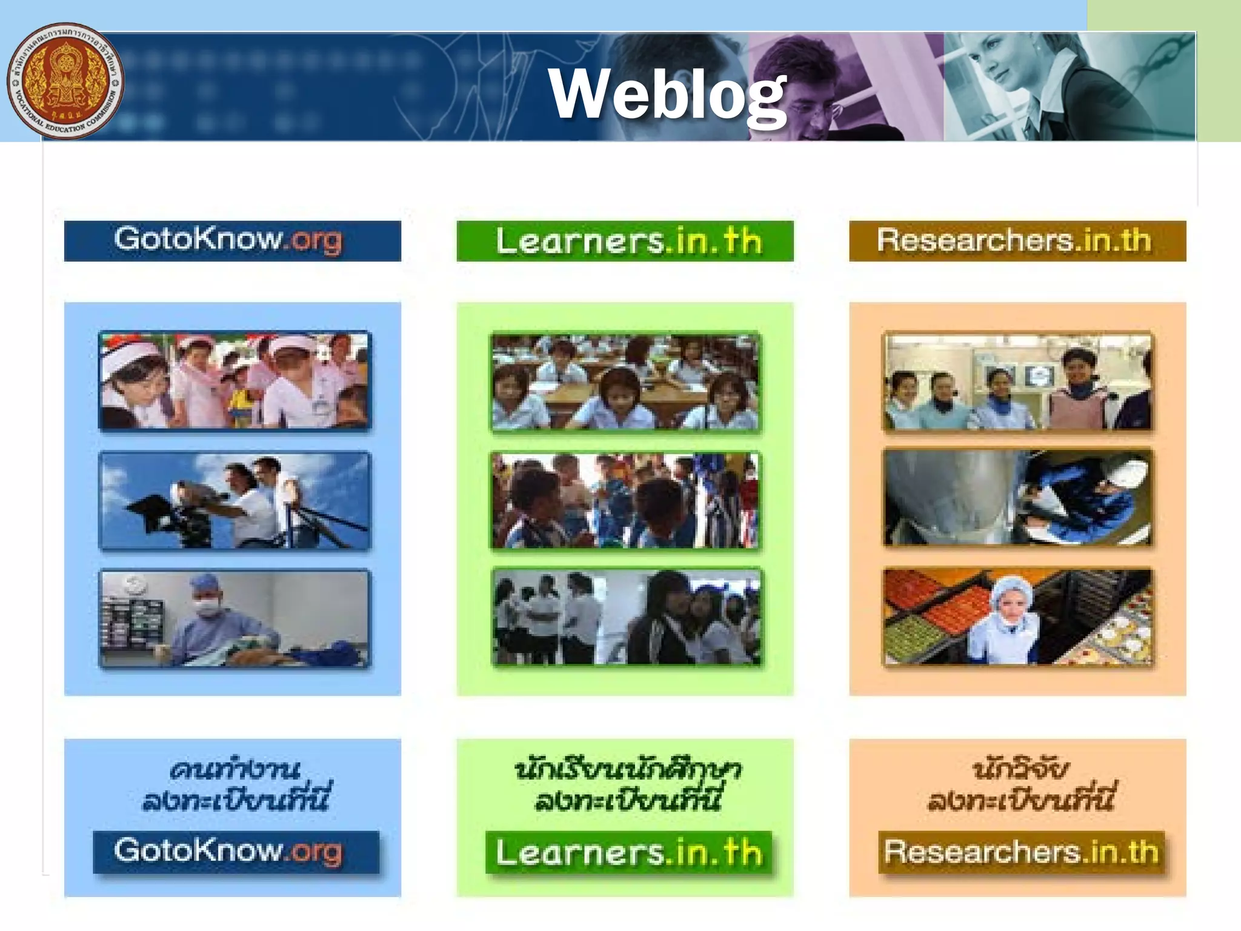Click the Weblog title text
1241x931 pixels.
point(667,94)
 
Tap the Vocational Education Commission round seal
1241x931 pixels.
point(65,81)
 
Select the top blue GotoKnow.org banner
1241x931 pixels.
point(232,241)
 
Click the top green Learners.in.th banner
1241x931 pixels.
point(625,241)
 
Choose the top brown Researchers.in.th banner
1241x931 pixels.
point(1017,241)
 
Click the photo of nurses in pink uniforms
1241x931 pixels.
point(235,380)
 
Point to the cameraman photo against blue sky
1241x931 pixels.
point(235,501)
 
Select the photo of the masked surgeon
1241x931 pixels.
point(235,618)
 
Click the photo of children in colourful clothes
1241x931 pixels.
point(625,501)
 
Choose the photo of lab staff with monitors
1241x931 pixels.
point(1017,381)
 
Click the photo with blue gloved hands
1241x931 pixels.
point(1017,497)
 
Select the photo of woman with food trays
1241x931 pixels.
point(1017,617)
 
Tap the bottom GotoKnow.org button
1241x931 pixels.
point(236,852)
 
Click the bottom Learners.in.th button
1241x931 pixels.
point(628,852)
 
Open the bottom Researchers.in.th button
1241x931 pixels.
point(1021,852)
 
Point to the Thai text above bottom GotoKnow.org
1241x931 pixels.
point(236,785)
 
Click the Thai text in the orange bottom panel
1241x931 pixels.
point(1020,785)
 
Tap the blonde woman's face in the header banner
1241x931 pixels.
point(1000,61)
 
